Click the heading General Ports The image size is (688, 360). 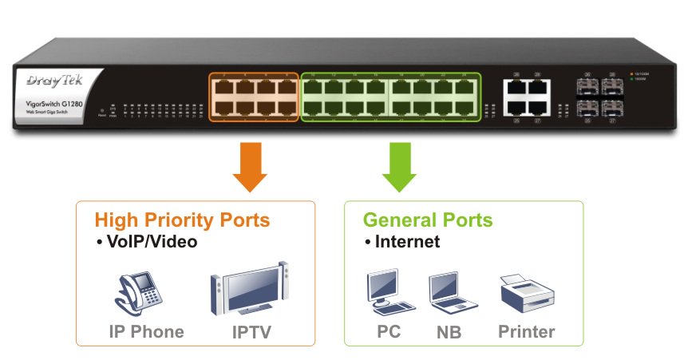point(428,220)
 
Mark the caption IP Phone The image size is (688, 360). point(147,331)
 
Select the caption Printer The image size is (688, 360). point(526,331)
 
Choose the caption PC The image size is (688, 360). point(389,331)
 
